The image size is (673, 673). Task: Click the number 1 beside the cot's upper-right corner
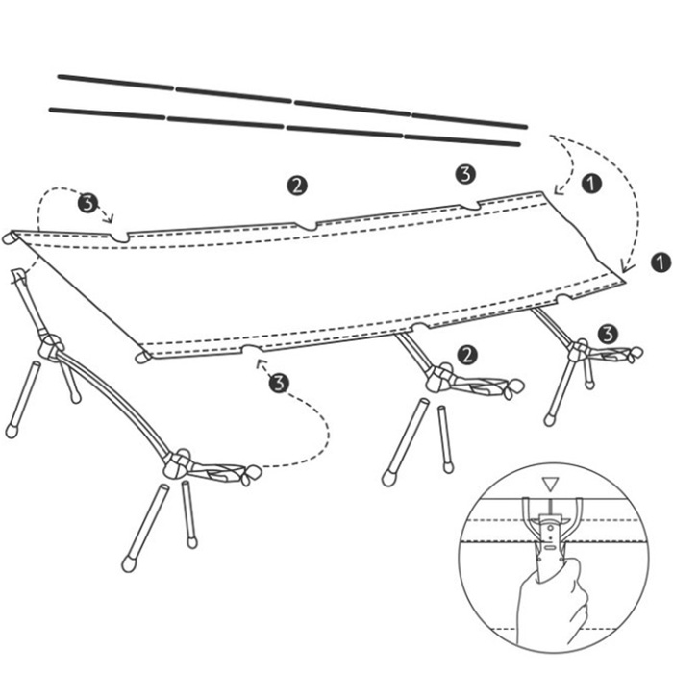tap(591, 184)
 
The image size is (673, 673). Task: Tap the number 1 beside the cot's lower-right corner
tap(661, 262)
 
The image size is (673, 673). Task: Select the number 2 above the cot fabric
tap(296, 186)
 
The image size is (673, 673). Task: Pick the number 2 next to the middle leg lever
tap(467, 356)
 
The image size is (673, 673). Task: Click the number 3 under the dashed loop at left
tap(88, 203)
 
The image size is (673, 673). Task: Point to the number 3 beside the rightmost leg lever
tap(608, 334)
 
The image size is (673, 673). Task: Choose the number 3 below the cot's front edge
tap(279, 383)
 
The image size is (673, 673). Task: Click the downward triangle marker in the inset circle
tap(550, 485)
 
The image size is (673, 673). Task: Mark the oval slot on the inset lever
tap(550, 547)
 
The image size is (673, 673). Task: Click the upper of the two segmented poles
tap(292, 101)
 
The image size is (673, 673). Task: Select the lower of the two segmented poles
tap(285, 127)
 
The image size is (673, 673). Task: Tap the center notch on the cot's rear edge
tap(305, 226)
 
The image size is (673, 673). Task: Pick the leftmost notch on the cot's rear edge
tap(119, 237)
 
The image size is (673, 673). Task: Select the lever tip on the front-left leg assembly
tap(251, 474)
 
